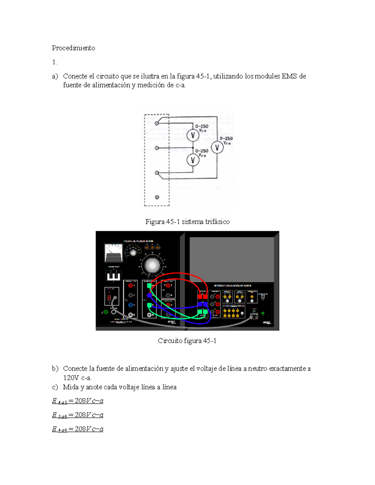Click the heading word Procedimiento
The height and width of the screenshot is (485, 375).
[x=73, y=48]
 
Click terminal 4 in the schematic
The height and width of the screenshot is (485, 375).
[x=157, y=123]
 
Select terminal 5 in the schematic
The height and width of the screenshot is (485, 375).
[x=157, y=148]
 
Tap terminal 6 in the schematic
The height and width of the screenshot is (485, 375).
[x=157, y=173]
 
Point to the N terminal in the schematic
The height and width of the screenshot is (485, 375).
[x=157, y=197]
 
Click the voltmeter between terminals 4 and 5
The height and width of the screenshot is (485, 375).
[x=193, y=135]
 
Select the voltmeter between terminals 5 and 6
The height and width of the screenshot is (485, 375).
[x=193, y=160]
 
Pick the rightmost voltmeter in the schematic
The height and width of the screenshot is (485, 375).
[x=217, y=147]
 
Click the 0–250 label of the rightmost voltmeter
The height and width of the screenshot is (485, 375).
[x=226, y=138]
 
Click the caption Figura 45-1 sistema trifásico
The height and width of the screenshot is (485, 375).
[x=187, y=222]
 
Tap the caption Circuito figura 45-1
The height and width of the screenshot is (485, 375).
[x=187, y=341]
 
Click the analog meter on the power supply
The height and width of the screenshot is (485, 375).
[x=113, y=253]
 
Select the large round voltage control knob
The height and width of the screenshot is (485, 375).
[x=152, y=265]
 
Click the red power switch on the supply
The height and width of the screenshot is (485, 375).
[x=109, y=297]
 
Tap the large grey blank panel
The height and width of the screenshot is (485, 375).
[x=231, y=259]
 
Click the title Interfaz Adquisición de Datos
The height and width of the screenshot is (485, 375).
[x=232, y=286]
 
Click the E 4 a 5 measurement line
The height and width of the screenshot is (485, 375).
[x=77, y=401]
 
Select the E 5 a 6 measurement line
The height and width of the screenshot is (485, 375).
[x=77, y=415]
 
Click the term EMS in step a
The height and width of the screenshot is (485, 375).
[x=289, y=76]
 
